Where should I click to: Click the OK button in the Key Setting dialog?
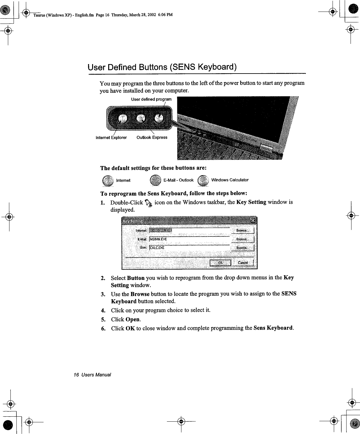point(220,263)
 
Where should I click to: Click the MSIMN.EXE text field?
point(188,239)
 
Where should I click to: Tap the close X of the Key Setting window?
point(253,220)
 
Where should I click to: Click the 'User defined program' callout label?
point(151,99)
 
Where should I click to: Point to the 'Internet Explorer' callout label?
point(111,138)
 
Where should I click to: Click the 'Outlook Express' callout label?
point(152,138)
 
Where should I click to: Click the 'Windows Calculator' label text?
point(230,180)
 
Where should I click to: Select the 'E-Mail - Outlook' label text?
point(178,180)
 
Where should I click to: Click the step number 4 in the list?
point(103,310)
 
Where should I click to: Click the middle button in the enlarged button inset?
point(141,119)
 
